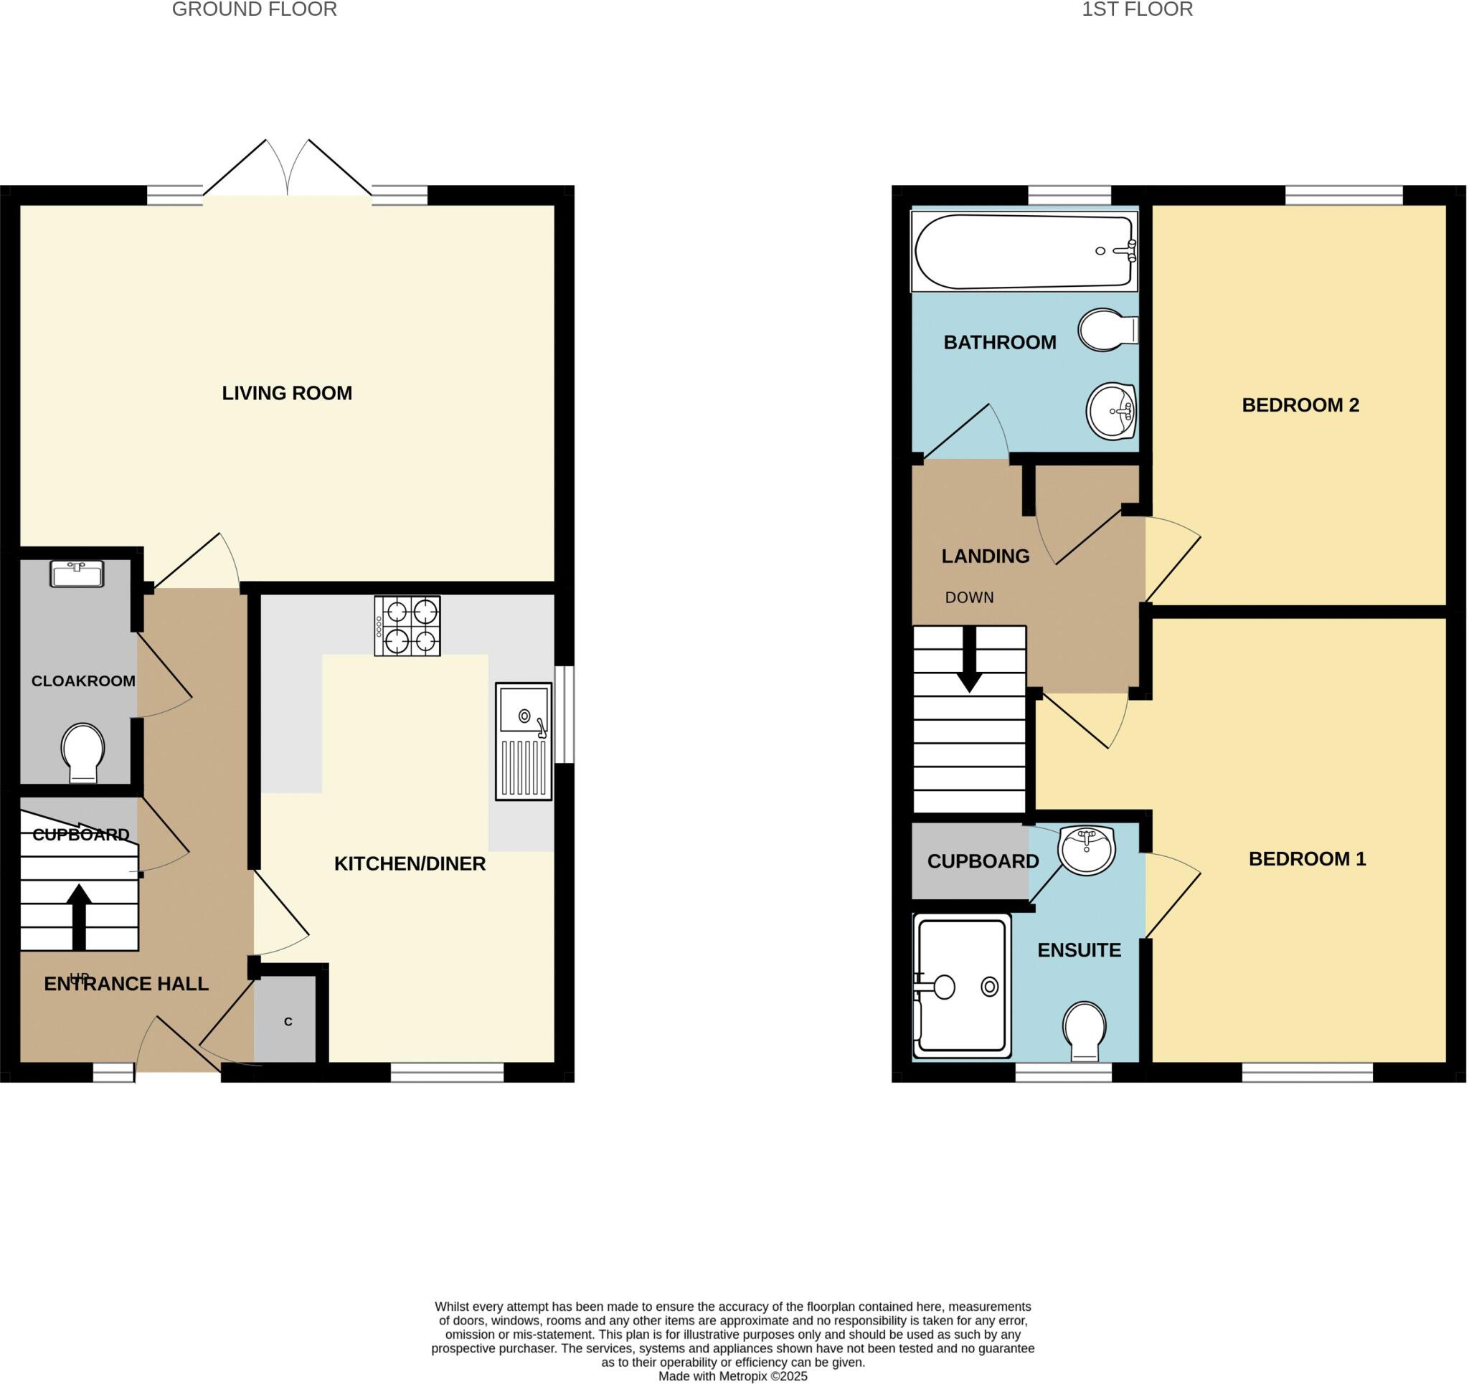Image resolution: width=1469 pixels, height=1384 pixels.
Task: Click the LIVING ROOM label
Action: (x=287, y=393)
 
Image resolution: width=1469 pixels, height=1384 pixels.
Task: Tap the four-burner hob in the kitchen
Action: (x=407, y=625)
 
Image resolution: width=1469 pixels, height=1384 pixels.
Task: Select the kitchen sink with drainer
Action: (x=523, y=741)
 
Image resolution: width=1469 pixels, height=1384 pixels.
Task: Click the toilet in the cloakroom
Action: (x=82, y=752)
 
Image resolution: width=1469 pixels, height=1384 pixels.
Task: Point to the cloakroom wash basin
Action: (x=77, y=574)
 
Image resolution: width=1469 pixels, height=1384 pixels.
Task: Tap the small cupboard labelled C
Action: (x=288, y=1021)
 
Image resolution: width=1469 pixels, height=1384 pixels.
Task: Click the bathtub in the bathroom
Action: (x=1024, y=251)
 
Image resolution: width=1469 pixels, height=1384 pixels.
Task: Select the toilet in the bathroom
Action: (x=1106, y=330)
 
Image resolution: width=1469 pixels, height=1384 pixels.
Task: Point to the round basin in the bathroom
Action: (x=1110, y=412)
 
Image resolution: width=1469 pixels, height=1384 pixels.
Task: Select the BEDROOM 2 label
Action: (x=1300, y=405)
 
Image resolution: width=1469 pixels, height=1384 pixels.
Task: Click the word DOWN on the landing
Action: (x=969, y=597)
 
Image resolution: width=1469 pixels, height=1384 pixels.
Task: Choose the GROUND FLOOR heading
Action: (x=254, y=9)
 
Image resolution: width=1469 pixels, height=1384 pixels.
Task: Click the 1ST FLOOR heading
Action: (x=1136, y=9)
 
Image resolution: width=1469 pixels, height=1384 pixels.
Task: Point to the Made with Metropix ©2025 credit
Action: (x=732, y=1377)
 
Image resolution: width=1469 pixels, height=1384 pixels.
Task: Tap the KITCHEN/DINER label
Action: (x=410, y=863)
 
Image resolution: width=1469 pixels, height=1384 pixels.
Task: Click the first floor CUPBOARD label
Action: (x=982, y=861)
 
